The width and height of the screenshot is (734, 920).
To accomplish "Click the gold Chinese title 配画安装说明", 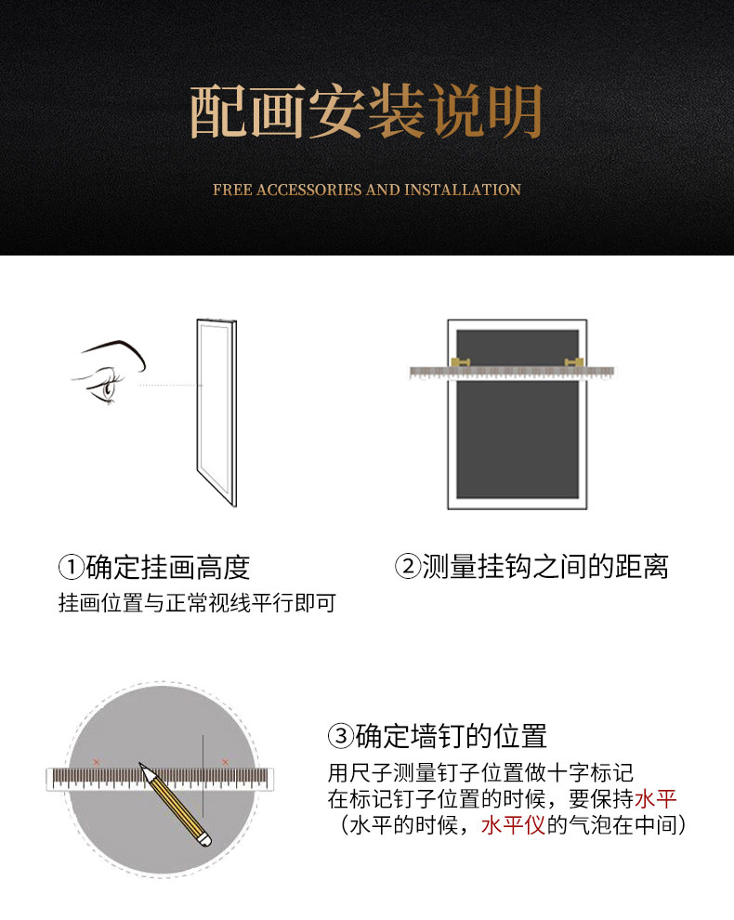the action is pos(366,112).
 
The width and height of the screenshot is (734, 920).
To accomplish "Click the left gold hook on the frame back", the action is pos(461,362).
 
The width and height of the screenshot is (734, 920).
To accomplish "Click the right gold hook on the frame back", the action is pos(573,362).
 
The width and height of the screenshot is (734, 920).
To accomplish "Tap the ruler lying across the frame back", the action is pos(512,373).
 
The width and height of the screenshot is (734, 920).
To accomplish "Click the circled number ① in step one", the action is pos(71,567).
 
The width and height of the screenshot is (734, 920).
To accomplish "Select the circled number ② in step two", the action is pos(408,566).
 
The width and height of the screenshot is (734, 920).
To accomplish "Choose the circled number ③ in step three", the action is pos(341,736).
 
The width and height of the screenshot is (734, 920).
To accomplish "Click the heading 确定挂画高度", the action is pos(168,567).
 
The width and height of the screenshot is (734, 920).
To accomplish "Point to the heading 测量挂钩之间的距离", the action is pos(545,566).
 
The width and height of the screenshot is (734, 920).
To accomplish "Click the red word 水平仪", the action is pos(514,825).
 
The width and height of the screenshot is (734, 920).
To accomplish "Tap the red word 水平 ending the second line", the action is pos(655,798).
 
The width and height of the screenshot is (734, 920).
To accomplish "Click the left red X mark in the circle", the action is pos(97,762).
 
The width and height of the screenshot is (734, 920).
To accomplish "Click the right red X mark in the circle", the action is pos(225,762).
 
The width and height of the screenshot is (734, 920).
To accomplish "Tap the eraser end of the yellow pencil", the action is pos(205,840).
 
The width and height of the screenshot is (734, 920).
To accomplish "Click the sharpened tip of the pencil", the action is pos(139,763).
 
